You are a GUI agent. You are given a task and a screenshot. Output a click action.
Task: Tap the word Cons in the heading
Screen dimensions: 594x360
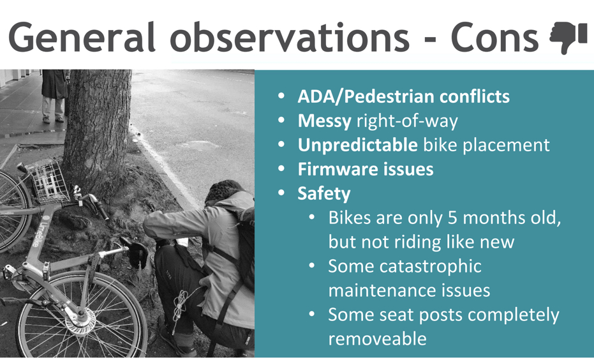pos(494,38)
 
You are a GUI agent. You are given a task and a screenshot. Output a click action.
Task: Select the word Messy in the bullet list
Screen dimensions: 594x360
pos(324,121)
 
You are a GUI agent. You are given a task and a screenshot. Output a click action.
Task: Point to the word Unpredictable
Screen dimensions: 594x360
pos(357,145)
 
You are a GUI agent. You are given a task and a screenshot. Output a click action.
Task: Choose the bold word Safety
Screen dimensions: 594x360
pos(324,193)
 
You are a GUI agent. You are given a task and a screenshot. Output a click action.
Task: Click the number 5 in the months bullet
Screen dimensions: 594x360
pos(453,218)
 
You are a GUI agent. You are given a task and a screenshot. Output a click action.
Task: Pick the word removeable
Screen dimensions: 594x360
pos(377,339)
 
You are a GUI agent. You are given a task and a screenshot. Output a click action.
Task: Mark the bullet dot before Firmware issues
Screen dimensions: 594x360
pos(281,169)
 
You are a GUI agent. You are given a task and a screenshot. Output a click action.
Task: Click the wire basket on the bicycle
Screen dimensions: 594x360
pos(48,182)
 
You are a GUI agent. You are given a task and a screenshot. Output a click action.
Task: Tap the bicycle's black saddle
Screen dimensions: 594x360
pos(135,251)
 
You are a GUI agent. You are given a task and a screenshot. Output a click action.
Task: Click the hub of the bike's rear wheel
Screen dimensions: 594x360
pos(80,315)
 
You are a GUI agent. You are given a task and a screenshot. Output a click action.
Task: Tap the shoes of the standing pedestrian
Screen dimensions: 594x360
pos(52,119)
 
